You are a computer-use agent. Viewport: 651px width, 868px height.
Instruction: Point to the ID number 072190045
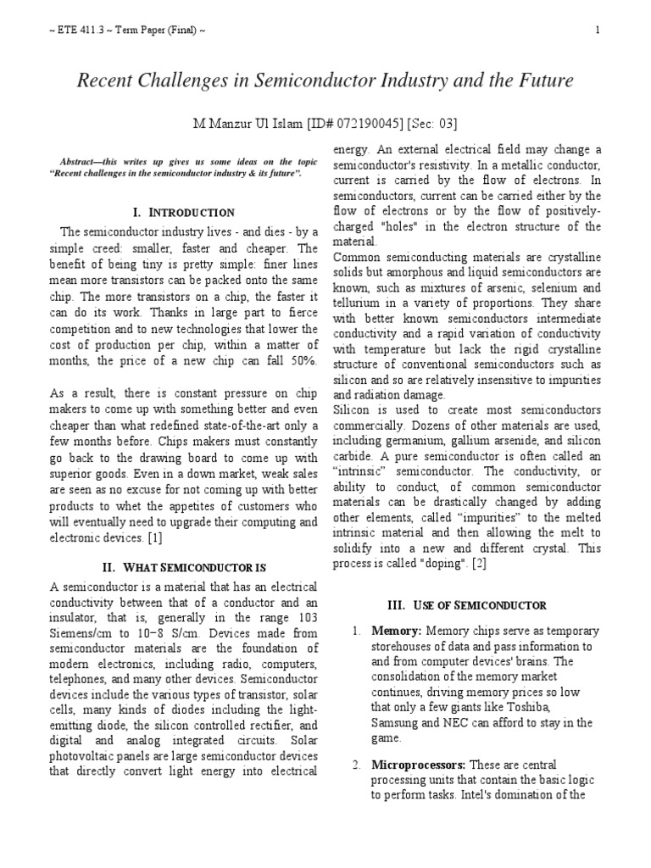click(358, 125)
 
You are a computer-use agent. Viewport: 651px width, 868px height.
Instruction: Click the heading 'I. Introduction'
click(179, 212)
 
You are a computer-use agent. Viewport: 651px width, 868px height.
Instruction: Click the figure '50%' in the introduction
click(302, 361)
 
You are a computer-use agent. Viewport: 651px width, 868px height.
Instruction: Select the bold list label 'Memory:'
click(398, 632)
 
